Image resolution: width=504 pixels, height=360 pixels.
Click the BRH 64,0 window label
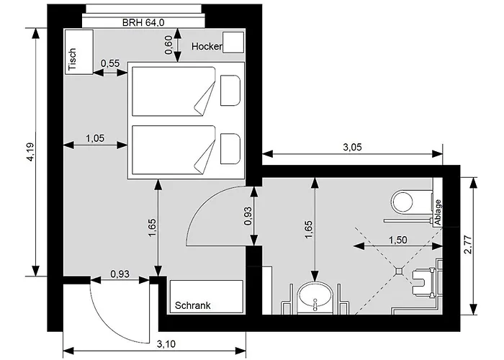pyautogui.click(x=145, y=23)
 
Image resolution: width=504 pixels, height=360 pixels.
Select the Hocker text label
pyautogui.click(x=207, y=47)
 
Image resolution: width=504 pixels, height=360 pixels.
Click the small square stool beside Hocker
pyautogui.click(x=233, y=43)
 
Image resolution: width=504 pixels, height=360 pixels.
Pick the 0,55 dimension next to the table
pyautogui.click(x=110, y=63)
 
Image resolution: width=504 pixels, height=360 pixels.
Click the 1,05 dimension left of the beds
pyautogui.click(x=95, y=138)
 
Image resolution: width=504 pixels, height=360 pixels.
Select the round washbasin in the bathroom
pyautogui.click(x=316, y=294)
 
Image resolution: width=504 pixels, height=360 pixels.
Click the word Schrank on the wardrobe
pyautogui.click(x=193, y=306)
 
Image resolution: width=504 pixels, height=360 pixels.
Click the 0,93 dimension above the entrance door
pyautogui.click(x=120, y=274)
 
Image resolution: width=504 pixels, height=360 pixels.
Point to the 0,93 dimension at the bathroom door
pyautogui.click(x=249, y=216)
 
